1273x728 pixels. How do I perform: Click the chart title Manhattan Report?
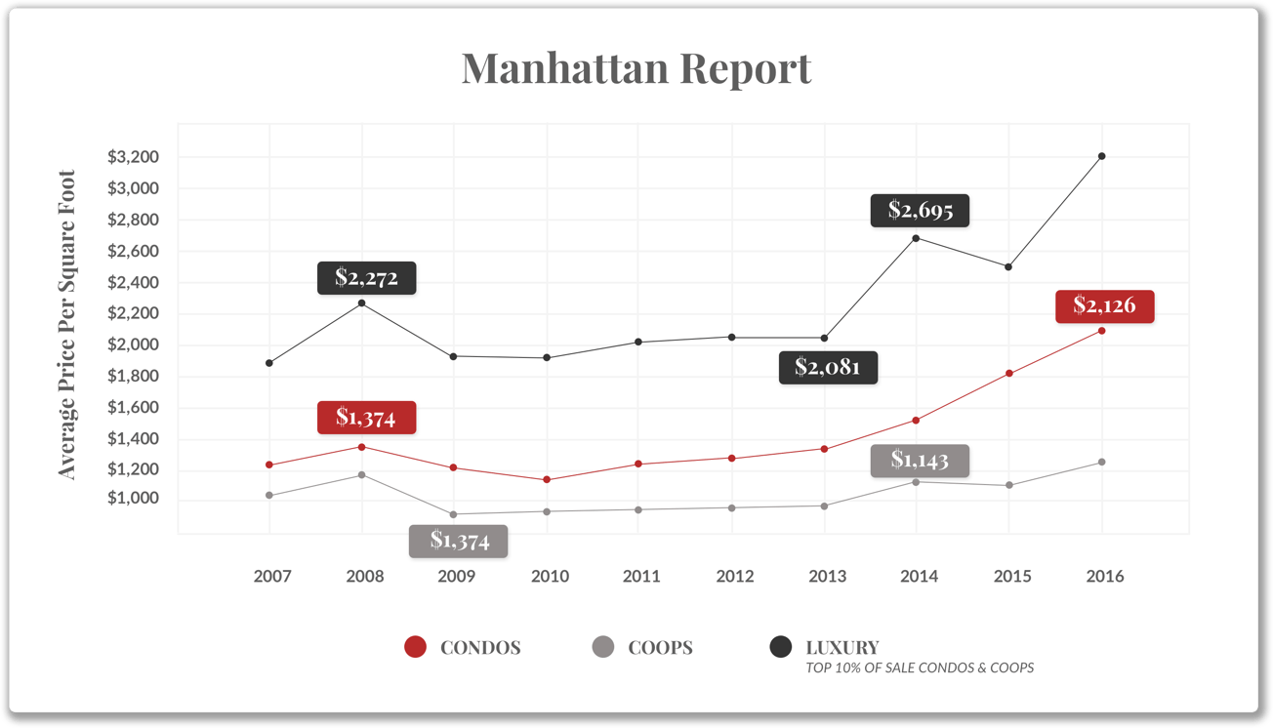pos(636,68)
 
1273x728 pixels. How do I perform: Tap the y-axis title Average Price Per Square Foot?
pos(66,325)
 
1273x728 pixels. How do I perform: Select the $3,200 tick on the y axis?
pos(133,157)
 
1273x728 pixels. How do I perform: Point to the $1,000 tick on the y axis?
pos(133,499)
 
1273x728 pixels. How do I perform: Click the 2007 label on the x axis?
pos(272,576)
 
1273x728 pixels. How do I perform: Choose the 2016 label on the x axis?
pos(1104,576)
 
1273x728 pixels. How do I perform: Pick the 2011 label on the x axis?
pos(641,576)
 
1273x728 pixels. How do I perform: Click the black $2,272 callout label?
pos(366,278)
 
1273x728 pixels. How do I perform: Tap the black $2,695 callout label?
pos(920,210)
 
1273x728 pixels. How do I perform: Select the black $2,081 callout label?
pos(828,367)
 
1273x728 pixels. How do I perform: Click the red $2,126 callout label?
pos(1104,305)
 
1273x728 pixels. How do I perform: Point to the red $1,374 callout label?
pos(366,418)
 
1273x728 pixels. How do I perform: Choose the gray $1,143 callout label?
pos(920,460)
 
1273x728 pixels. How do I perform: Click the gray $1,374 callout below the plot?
pos(459,541)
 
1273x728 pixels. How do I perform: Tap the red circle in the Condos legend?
pos(416,647)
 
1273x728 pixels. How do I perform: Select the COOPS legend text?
pos(660,647)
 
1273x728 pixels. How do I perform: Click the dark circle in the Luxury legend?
pos(781,647)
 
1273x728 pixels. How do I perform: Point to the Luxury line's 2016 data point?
pos(1102,156)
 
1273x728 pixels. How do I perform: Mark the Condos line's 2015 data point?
pos(1009,374)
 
